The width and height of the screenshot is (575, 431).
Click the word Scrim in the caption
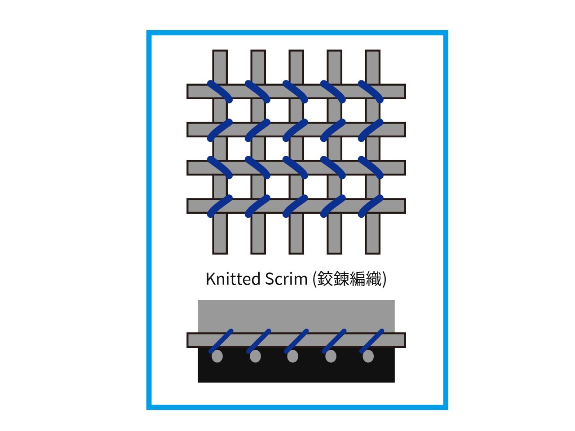286,279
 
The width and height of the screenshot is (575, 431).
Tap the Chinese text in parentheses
349,279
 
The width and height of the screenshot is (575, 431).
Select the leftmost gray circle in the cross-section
217,356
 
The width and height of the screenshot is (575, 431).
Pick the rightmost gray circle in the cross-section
368,356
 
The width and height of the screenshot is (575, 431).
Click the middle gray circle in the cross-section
292,356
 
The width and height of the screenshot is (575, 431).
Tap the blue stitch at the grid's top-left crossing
220,92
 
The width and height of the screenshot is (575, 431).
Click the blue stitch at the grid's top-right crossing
371,92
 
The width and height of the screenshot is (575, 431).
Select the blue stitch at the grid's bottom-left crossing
220,206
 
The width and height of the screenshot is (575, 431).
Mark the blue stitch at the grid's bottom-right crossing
371,206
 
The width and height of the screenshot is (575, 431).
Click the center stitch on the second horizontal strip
295,130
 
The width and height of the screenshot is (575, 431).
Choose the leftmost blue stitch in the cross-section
221,341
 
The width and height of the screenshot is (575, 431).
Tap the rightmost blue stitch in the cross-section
372,341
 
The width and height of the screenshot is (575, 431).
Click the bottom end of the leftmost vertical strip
220,254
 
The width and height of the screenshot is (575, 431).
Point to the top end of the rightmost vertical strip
372,50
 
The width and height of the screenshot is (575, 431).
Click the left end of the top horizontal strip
187,92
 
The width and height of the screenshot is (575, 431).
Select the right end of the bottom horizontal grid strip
405,206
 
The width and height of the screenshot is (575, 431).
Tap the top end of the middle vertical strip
296,50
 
